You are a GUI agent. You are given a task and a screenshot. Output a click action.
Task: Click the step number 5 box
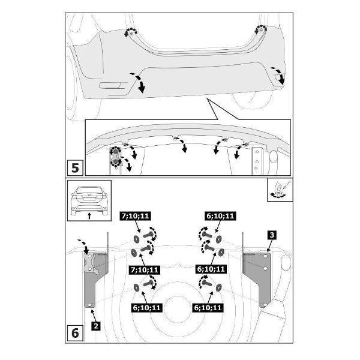75,168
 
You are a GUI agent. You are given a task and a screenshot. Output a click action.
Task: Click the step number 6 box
75,333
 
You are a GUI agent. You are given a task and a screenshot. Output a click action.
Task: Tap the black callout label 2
96,326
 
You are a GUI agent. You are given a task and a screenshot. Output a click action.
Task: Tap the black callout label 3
272,235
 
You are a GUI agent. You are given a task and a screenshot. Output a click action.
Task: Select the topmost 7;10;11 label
135,216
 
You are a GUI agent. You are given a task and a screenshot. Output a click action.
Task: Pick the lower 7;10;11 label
145,269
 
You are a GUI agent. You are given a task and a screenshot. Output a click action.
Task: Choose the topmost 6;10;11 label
220,216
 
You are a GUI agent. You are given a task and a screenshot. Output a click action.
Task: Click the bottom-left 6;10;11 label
146,308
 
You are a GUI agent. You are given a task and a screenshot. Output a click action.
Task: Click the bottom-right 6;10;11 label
208,308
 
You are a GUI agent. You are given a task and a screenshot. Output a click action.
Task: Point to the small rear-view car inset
89,200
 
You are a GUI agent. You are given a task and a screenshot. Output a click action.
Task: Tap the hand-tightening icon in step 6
280,190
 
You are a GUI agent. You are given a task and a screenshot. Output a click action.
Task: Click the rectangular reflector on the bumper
110,85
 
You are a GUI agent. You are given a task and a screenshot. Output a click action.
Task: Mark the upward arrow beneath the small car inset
89,216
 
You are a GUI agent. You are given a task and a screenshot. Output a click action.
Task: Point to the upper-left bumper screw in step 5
131,34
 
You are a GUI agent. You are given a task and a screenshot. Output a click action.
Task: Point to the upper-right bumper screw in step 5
261,30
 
